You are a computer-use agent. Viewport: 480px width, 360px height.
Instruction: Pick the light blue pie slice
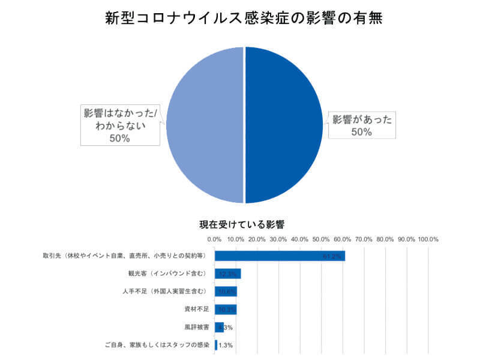coord(204,125)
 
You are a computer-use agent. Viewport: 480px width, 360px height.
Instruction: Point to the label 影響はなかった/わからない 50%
coord(121,125)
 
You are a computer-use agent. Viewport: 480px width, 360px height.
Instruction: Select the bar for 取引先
coord(280,256)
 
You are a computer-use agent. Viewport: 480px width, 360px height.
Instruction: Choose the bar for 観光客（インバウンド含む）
coord(227,274)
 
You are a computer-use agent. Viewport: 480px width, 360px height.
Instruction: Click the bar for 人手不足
coord(226,292)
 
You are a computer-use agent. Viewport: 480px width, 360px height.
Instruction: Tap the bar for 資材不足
coord(226,310)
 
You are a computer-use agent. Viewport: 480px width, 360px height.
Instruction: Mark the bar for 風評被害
coord(219,328)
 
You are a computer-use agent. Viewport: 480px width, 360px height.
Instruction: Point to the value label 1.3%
coord(226,346)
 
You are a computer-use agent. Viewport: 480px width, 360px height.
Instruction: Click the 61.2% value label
coord(332,257)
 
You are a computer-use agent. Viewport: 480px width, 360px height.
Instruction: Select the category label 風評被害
coord(197,328)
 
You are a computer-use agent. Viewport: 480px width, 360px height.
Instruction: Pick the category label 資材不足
coord(197,310)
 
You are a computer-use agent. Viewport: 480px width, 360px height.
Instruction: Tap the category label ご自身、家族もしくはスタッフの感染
coord(157,346)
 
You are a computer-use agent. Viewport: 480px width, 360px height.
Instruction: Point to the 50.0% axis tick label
coord(321,239)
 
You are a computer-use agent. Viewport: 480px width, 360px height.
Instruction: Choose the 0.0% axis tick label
coord(214,239)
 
